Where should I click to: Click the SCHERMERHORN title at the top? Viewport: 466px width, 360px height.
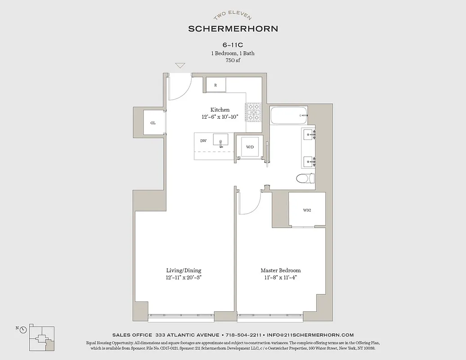click(x=233, y=28)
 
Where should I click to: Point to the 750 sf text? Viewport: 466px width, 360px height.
click(x=233, y=60)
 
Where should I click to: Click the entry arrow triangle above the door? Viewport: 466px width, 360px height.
click(x=180, y=66)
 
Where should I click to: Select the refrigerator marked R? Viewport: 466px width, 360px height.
click(x=216, y=85)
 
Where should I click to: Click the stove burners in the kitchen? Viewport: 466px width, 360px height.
click(x=253, y=112)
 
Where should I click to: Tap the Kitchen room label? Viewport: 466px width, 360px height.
click(x=220, y=110)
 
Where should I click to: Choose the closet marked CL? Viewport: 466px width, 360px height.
click(x=153, y=122)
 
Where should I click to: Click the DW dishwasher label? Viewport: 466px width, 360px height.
click(x=203, y=141)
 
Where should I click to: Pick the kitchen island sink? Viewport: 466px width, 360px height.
click(x=220, y=140)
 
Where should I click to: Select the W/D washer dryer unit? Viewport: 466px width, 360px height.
click(x=250, y=147)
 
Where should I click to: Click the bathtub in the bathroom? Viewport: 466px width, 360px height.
click(x=289, y=116)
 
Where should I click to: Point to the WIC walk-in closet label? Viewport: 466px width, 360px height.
click(x=307, y=210)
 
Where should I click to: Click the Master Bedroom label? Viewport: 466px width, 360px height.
click(x=281, y=270)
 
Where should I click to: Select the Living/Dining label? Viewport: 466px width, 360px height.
click(x=184, y=270)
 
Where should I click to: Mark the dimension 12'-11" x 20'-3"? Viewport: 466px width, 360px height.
click(x=184, y=278)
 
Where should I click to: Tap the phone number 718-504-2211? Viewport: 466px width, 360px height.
click(x=244, y=335)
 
